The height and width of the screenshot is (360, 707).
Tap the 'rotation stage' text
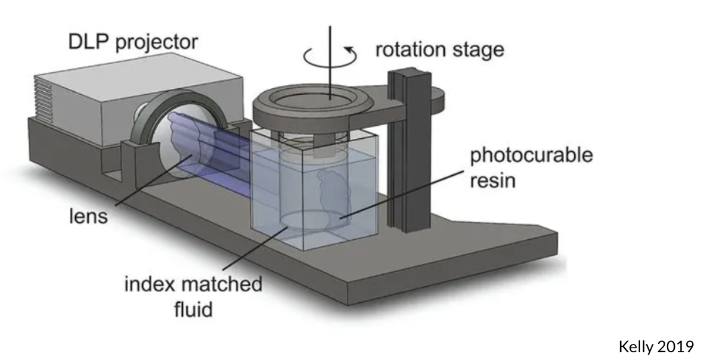tap(439, 49)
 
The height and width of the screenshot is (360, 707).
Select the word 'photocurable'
tap(531, 156)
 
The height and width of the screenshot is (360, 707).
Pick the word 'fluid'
tap(193, 309)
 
